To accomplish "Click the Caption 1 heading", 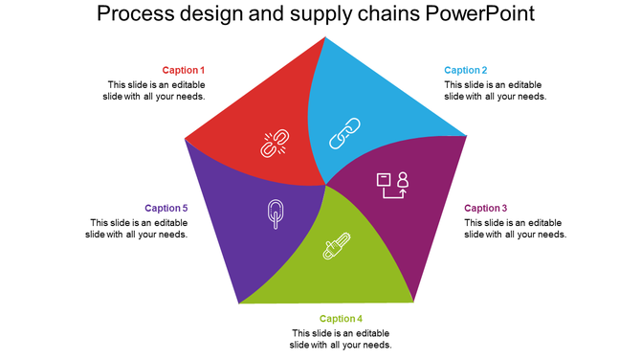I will click(x=184, y=70).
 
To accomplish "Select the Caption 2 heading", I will click(x=466, y=70).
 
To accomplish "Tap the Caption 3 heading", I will click(x=486, y=208).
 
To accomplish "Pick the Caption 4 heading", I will click(x=342, y=319).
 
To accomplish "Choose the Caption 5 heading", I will click(x=166, y=208).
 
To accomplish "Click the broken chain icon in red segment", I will click(x=276, y=144).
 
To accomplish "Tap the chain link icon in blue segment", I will click(x=343, y=133).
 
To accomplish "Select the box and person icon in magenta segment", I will click(x=392, y=185).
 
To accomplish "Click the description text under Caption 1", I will click(x=155, y=90).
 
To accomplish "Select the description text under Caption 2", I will click(x=496, y=90).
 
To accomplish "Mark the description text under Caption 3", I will click(x=516, y=228).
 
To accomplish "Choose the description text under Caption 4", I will click(x=341, y=339).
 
